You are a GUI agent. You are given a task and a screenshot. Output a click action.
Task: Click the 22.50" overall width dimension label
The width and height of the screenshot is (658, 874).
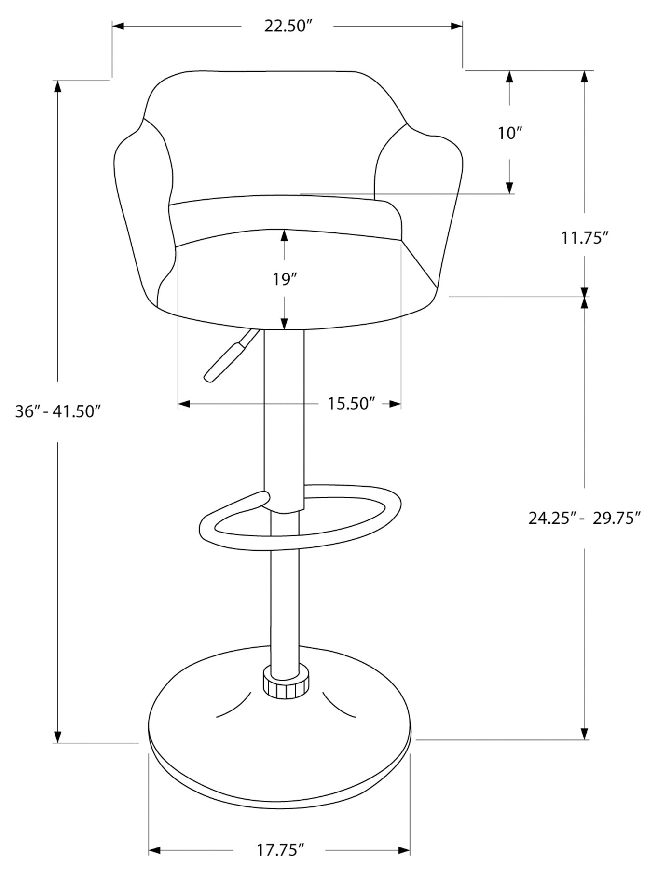point(286,26)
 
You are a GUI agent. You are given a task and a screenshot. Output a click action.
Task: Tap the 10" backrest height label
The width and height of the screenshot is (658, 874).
point(510,133)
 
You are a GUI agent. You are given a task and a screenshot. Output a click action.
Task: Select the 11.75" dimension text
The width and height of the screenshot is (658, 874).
point(584,238)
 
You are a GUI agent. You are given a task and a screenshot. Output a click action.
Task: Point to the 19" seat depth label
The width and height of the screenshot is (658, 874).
point(284,279)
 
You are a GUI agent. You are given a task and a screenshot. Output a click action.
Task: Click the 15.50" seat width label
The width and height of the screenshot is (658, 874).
point(351,403)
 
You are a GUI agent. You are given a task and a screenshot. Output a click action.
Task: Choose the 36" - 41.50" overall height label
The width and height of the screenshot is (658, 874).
point(58,411)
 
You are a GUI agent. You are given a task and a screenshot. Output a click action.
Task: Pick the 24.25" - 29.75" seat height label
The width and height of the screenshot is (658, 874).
point(584,518)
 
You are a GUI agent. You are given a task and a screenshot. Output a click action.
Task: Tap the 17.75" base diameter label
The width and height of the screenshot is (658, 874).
point(280,849)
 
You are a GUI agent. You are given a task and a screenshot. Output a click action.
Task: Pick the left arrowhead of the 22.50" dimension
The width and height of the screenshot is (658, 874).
point(118,26)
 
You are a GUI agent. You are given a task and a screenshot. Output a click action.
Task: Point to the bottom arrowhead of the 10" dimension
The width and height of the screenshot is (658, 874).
point(509,188)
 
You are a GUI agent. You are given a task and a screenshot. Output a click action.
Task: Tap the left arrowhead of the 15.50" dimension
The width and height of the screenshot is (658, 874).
point(184,404)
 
